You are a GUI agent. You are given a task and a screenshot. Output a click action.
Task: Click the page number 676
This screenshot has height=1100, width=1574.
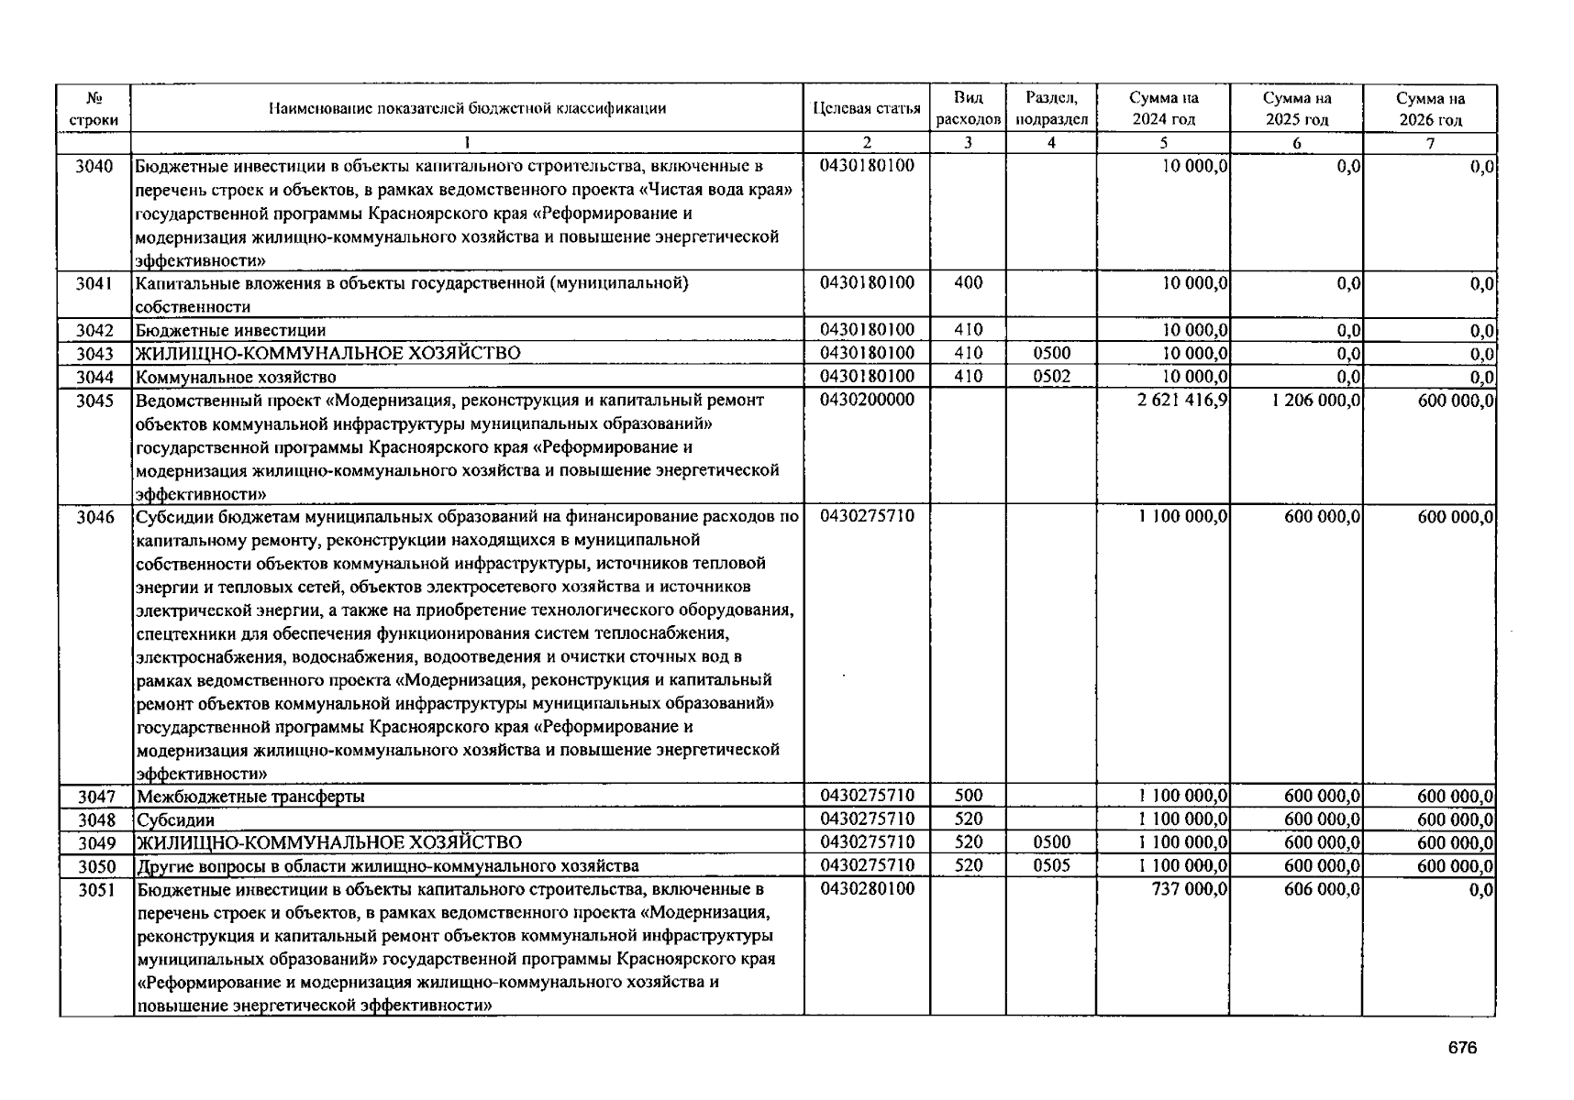pos(1463,1049)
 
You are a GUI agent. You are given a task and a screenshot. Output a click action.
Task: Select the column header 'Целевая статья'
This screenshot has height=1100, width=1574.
pos(866,108)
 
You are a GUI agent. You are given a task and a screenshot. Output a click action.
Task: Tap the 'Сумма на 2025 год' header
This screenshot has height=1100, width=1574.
pos(1296,108)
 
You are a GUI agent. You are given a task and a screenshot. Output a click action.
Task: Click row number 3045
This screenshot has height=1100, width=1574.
pos(94,401)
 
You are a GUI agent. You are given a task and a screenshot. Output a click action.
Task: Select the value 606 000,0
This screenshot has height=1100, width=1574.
pos(1322,889)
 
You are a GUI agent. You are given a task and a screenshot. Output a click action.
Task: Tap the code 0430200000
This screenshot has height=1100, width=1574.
pos(867,400)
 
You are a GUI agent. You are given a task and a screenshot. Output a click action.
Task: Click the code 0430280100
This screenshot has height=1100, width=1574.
pos(867,888)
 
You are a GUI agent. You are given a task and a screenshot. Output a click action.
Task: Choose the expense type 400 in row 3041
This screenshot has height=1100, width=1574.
pos(968,282)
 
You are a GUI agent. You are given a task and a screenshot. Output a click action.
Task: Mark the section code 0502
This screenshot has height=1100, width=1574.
pos(1051,376)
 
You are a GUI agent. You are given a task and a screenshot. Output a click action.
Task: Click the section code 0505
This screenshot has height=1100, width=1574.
pos(1051,865)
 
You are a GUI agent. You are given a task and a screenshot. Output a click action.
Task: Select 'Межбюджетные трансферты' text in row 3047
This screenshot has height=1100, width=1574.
pos(250,797)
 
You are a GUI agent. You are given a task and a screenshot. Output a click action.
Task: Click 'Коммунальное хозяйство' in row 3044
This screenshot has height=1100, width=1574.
pos(236,377)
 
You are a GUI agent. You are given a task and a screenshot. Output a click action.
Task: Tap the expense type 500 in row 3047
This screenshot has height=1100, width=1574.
pos(968,796)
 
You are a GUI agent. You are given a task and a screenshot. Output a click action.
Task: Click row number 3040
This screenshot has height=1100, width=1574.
pos(94,166)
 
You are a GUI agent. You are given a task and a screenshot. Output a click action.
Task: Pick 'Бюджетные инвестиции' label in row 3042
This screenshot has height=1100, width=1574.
pos(230,330)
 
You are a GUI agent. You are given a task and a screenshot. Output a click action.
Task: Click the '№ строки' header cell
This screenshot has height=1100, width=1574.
pos(94,108)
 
